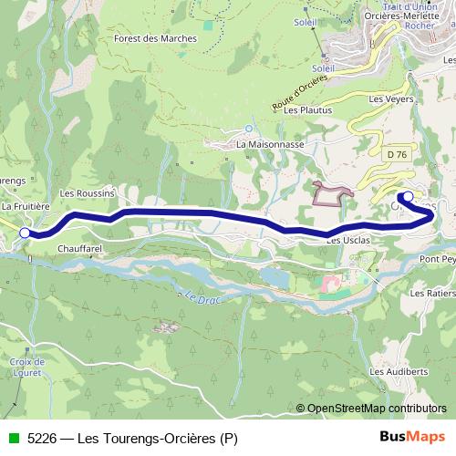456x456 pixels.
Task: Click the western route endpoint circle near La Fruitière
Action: (24, 233)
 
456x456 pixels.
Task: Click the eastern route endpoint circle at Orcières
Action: (408, 196)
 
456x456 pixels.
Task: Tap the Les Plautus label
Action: (304, 109)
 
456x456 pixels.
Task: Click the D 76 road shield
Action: (396, 155)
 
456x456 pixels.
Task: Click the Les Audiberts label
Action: (394, 372)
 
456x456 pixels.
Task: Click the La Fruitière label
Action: (25, 207)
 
